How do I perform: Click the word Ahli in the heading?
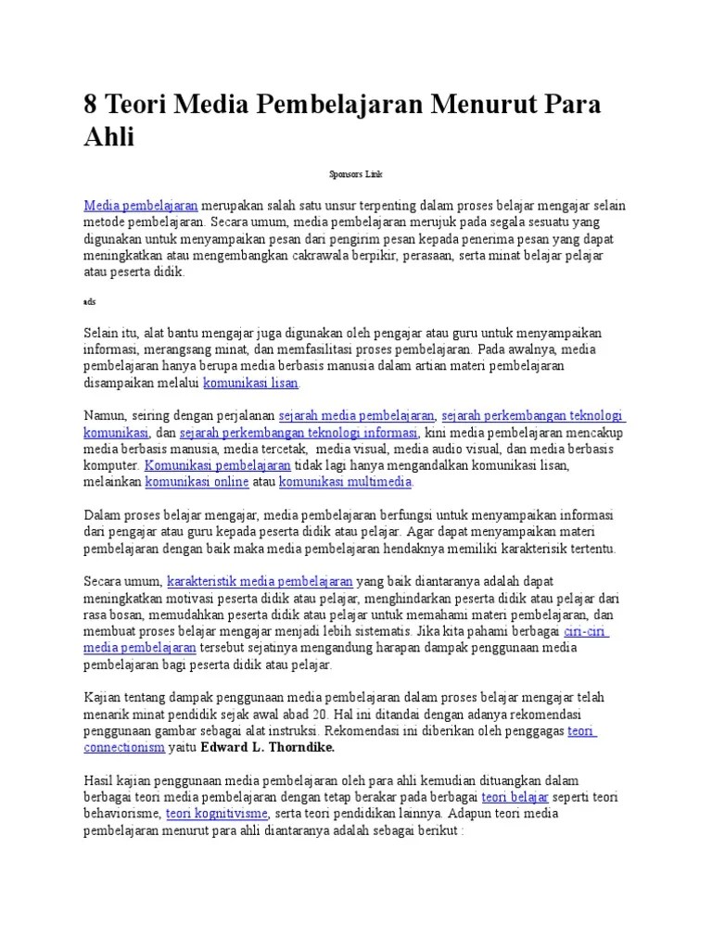[109, 138]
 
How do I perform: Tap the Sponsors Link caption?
[356, 173]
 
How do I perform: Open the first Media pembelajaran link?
[141, 206]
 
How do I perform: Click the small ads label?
[88, 301]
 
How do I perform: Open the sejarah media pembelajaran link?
[356, 415]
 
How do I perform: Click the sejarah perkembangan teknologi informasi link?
[299, 432]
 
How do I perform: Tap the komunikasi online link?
[196, 482]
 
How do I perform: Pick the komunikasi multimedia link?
[346, 482]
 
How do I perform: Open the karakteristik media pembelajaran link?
[260, 581]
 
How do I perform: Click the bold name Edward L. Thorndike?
[265, 746]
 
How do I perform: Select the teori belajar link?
[515, 797]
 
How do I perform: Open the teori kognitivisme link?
[217, 814]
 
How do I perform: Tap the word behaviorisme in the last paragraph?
[123, 814]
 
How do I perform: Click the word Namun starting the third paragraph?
[104, 415]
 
